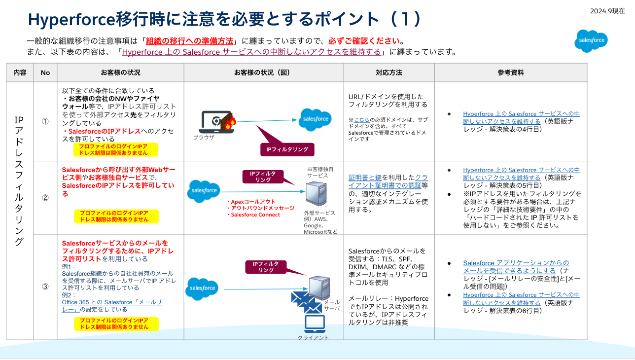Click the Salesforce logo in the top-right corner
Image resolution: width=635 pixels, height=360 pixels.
tap(591, 41)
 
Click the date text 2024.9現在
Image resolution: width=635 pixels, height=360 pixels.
tap(607, 11)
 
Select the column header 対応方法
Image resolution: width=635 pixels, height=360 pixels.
tap(388, 72)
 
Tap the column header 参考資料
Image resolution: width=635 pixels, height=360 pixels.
tap(510, 72)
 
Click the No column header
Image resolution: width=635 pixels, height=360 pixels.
tap(45, 72)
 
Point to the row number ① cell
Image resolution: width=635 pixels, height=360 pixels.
tap(45, 121)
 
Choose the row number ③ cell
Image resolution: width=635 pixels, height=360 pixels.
tap(45, 287)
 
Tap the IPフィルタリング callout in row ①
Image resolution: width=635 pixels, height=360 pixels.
tap(287, 149)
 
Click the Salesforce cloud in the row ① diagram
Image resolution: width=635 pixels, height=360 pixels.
tap(316, 119)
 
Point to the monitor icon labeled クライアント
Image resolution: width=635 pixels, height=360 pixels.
tap(315, 324)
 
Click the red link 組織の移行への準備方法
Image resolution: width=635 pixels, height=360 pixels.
tap(189, 41)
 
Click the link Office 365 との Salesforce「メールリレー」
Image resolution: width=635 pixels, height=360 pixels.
tap(111, 305)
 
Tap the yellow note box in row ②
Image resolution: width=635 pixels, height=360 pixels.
tap(116, 216)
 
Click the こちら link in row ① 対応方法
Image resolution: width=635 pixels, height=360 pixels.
tap(361, 119)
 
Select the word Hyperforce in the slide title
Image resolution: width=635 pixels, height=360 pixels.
tap(71, 19)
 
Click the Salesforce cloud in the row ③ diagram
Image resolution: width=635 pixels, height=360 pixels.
tap(202, 288)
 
